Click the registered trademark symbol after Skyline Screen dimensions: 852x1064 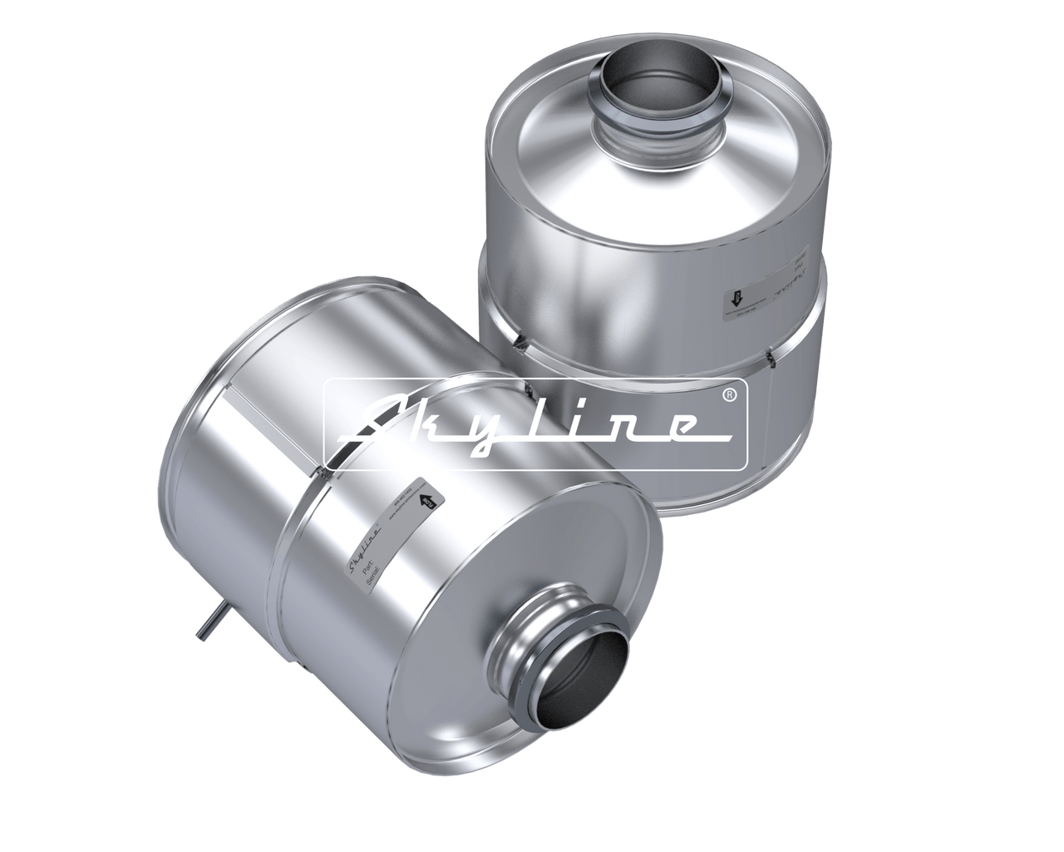tap(729, 394)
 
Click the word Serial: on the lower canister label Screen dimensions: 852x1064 tap(372, 575)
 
